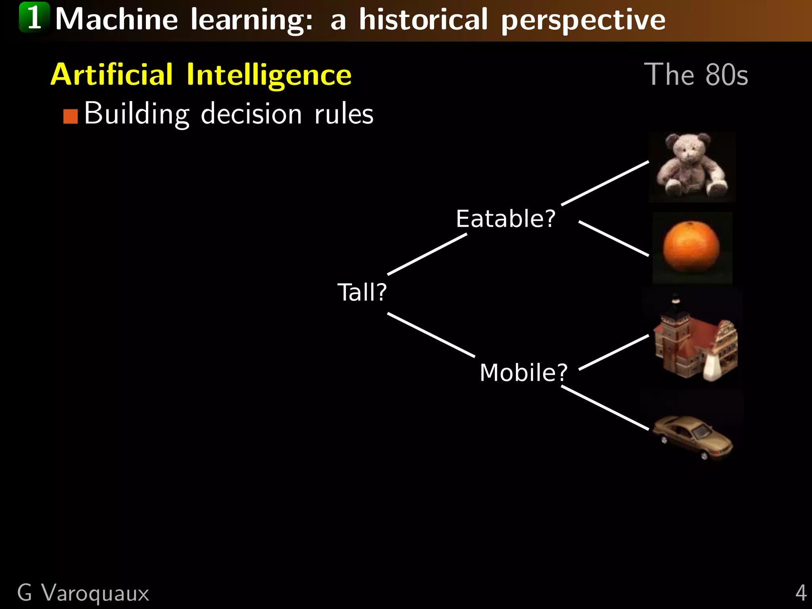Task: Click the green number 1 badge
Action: (x=34, y=17)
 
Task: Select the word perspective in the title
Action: (x=583, y=20)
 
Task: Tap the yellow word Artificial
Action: (x=112, y=75)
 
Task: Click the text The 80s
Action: (x=696, y=75)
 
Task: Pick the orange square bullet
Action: (x=71, y=117)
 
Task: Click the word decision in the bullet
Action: (x=251, y=114)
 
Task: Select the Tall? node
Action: (x=362, y=292)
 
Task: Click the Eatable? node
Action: (x=506, y=218)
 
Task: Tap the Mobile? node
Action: (x=523, y=373)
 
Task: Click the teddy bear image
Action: (x=692, y=167)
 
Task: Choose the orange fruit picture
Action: (x=692, y=247)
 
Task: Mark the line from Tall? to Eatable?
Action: (x=427, y=254)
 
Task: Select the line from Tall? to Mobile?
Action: (x=431, y=335)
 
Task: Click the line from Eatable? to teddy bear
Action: (x=605, y=183)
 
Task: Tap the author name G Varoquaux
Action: (x=83, y=593)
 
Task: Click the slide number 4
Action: (x=801, y=593)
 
